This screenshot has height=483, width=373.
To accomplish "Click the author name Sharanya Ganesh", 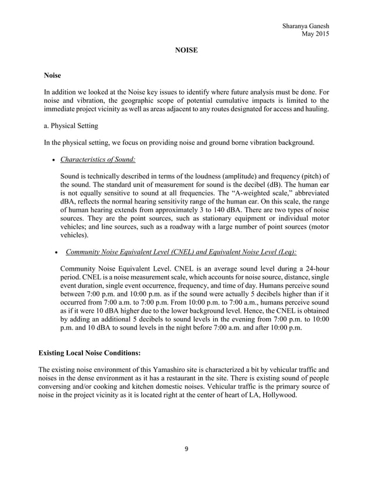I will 305,25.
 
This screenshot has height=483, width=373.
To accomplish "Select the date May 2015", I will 315,33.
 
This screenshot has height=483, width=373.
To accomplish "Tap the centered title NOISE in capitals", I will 186,51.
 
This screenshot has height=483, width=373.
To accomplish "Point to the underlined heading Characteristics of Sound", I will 98,160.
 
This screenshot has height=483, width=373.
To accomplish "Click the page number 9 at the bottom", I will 186,449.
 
